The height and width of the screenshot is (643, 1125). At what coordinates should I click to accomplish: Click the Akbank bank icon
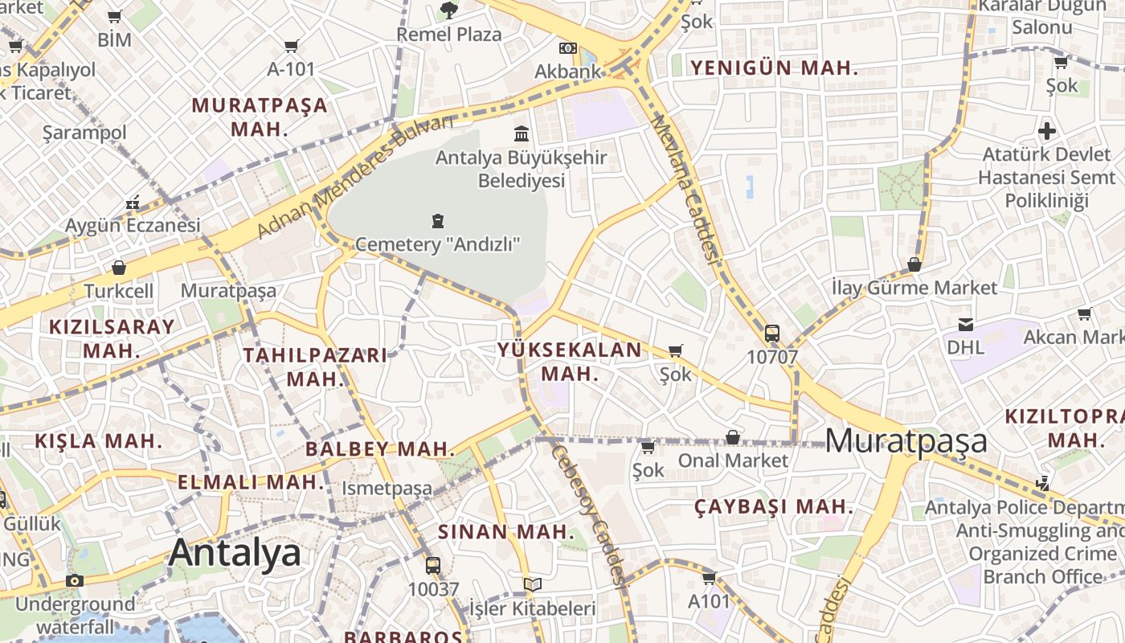point(568,48)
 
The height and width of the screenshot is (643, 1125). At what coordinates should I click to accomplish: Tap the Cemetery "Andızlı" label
point(438,243)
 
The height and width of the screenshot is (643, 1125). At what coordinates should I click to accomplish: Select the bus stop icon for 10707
point(772,333)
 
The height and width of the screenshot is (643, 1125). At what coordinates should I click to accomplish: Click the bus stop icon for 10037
point(433,565)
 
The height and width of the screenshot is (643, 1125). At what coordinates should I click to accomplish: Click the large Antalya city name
point(235,553)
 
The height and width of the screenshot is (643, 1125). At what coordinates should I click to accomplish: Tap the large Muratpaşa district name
point(906,440)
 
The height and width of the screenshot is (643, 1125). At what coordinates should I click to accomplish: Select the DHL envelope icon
point(966,324)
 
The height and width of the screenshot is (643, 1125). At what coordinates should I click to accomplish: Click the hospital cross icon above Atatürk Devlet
point(1046,130)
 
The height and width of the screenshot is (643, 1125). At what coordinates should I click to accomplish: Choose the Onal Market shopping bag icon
point(733,437)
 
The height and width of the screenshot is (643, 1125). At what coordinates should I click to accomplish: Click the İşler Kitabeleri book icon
point(533,584)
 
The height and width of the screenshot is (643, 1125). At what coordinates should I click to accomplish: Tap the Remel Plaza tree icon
point(449,10)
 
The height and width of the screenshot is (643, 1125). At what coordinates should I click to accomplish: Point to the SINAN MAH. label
point(506,531)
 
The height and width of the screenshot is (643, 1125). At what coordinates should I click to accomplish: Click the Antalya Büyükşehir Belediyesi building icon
point(522,133)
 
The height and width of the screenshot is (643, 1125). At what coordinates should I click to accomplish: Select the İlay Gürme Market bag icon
point(914,264)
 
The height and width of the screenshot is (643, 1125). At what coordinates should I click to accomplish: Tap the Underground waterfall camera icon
point(75,580)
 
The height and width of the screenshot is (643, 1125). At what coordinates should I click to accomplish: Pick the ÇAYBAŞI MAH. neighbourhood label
point(773,506)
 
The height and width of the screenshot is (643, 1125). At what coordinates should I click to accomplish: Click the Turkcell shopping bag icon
point(119,267)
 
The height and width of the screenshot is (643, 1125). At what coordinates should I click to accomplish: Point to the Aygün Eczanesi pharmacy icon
point(133,203)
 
